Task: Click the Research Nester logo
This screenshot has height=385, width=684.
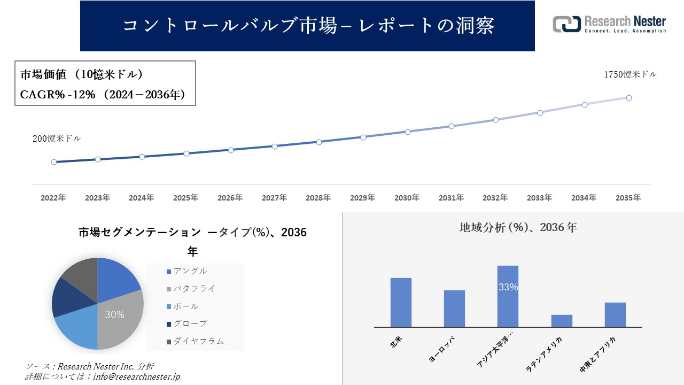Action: coord(609,25)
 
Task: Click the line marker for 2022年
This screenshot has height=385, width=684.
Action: coord(54,162)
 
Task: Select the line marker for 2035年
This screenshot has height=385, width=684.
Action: coord(629,98)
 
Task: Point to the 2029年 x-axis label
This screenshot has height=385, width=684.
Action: coord(362,198)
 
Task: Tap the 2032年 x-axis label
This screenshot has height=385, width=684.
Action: coord(495,198)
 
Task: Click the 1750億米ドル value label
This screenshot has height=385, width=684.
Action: coord(630,75)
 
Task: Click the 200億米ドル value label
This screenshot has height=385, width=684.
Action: coord(57,138)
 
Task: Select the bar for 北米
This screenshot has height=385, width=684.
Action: coord(401,302)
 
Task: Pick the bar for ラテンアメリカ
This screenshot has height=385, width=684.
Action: coord(562,320)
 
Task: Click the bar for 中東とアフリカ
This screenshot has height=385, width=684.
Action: coord(615,314)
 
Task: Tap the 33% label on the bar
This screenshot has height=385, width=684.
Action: coord(508,287)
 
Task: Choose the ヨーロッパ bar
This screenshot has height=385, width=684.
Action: coord(454,308)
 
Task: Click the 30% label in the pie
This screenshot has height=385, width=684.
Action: coord(114,315)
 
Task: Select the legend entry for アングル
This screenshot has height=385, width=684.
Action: coord(187,271)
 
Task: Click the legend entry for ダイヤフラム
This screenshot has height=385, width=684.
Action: coord(195,341)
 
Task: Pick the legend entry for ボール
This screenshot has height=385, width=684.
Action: coord(183,306)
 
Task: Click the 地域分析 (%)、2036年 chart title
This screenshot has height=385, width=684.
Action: coord(518,227)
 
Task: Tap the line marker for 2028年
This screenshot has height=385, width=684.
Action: coord(319,142)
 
